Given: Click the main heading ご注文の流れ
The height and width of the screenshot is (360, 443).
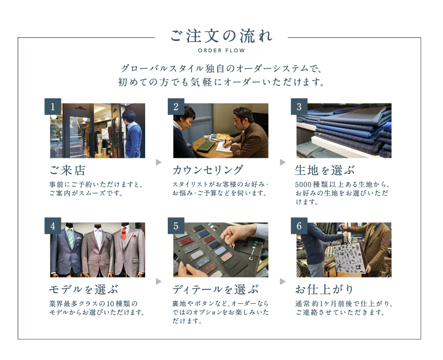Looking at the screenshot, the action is click(x=221, y=36).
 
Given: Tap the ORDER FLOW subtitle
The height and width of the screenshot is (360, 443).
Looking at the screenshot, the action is click(x=221, y=50).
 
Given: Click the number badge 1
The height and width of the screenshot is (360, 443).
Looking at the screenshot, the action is click(x=53, y=106).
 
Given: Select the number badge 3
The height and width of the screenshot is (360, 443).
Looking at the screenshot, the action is click(x=299, y=106).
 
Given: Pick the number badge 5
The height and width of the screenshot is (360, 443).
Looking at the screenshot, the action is click(x=176, y=226).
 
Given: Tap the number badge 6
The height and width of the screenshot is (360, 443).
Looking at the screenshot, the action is click(x=299, y=226).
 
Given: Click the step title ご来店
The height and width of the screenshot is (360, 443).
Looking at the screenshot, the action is click(x=67, y=170).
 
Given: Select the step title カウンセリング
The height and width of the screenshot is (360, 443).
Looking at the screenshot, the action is click(x=208, y=170).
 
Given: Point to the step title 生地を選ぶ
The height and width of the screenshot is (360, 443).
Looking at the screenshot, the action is click(x=324, y=170).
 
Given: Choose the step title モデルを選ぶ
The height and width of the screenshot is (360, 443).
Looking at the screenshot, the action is click(x=83, y=289).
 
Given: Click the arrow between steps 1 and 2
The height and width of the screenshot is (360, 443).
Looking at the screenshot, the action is click(x=159, y=162).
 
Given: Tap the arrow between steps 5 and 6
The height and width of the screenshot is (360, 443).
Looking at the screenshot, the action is click(x=283, y=281).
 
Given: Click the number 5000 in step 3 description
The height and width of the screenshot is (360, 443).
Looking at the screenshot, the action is click(x=303, y=185).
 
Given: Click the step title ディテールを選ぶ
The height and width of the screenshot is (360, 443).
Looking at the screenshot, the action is click(x=215, y=289).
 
